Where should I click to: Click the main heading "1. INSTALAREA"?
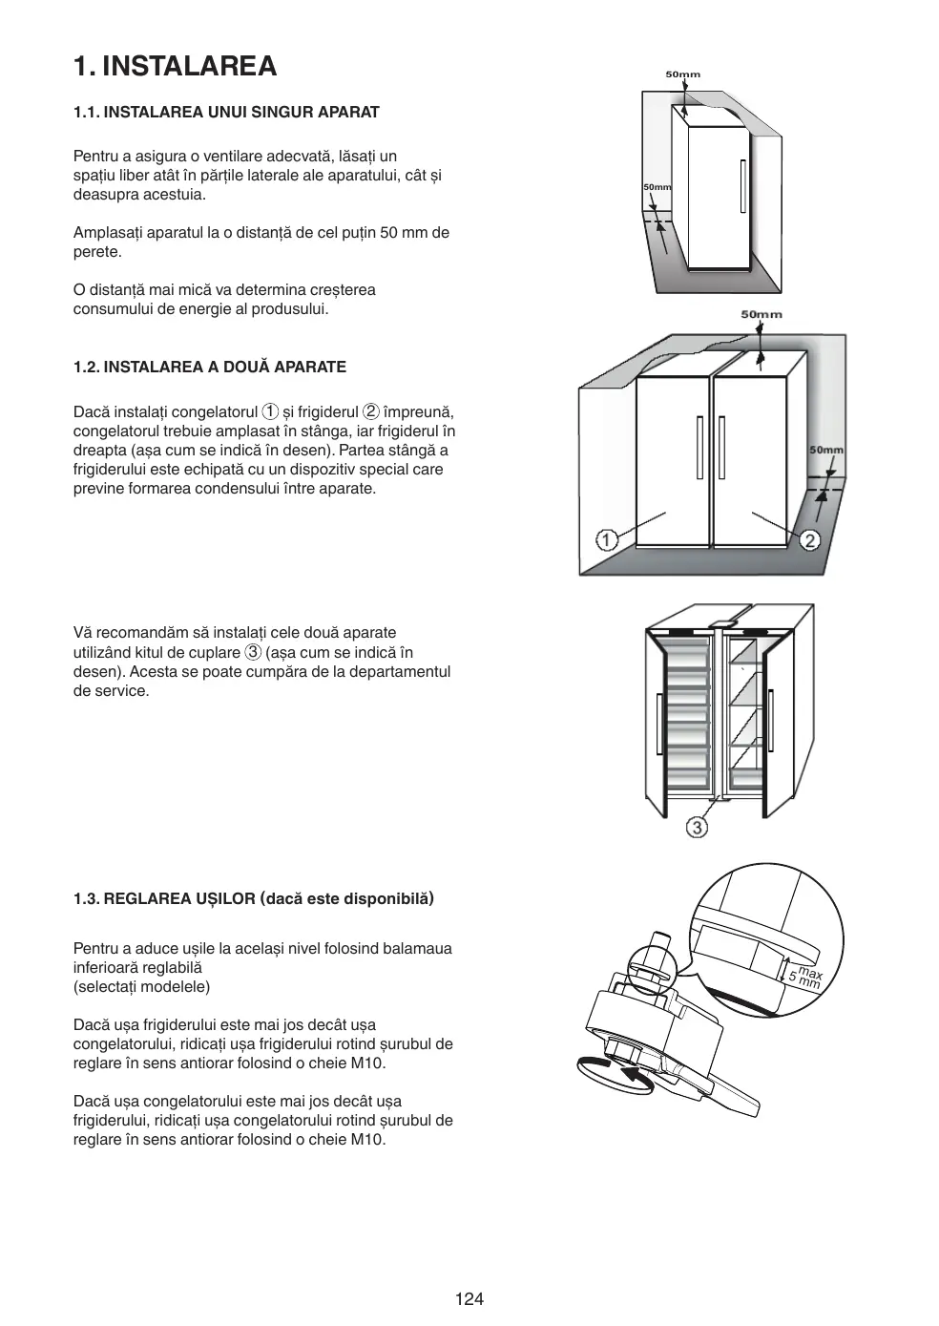pyautogui.click(x=176, y=66)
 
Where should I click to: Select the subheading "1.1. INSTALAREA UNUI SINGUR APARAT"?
pyautogui.click(x=226, y=112)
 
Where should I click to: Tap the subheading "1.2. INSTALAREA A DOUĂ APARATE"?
pyautogui.click(x=210, y=367)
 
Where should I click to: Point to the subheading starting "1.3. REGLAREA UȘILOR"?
pyautogui.click(x=254, y=898)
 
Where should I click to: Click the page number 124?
pyautogui.click(x=469, y=1298)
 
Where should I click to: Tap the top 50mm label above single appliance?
pyautogui.click(x=682, y=74)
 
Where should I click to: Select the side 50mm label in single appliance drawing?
pyautogui.click(x=657, y=187)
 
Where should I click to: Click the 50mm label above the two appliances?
pyautogui.click(x=761, y=314)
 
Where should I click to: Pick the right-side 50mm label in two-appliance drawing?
pyautogui.click(x=826, y=450)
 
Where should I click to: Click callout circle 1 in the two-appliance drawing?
pyautogui.click(x=607, y=540)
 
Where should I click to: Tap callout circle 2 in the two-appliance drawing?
pyautogui.click(x=809, y=540)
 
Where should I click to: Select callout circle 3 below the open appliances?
pyautogui.click(x=698, y=827)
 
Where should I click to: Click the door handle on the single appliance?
pyautogui.click(x=742, y=187)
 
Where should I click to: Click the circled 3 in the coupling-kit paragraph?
pyautogui.click(x=253, y=652)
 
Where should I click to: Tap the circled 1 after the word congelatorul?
pyautogui.click(x=271, y=411)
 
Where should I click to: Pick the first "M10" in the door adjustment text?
pyautogui.click(x=368, y=1063)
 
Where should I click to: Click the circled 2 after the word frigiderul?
pyautogui.click(x=371, y=411)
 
